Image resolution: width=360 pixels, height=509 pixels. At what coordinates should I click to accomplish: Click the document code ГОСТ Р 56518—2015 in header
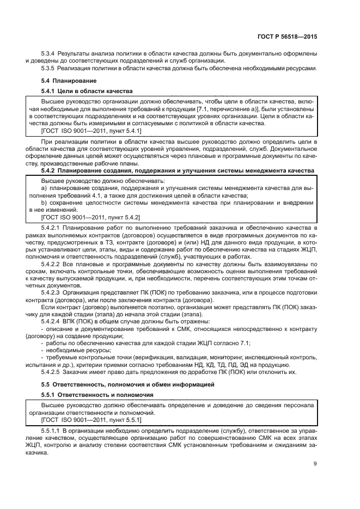[x=289, y=36]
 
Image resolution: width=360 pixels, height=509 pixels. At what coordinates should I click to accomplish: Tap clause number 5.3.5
[x=51, y=68]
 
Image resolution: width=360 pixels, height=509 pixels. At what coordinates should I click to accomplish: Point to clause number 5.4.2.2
[x=53, y=264]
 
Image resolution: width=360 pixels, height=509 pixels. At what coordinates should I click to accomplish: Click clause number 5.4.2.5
[x=53, y=372]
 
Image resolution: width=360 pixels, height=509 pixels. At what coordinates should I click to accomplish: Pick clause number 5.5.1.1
[x=53, y=431]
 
